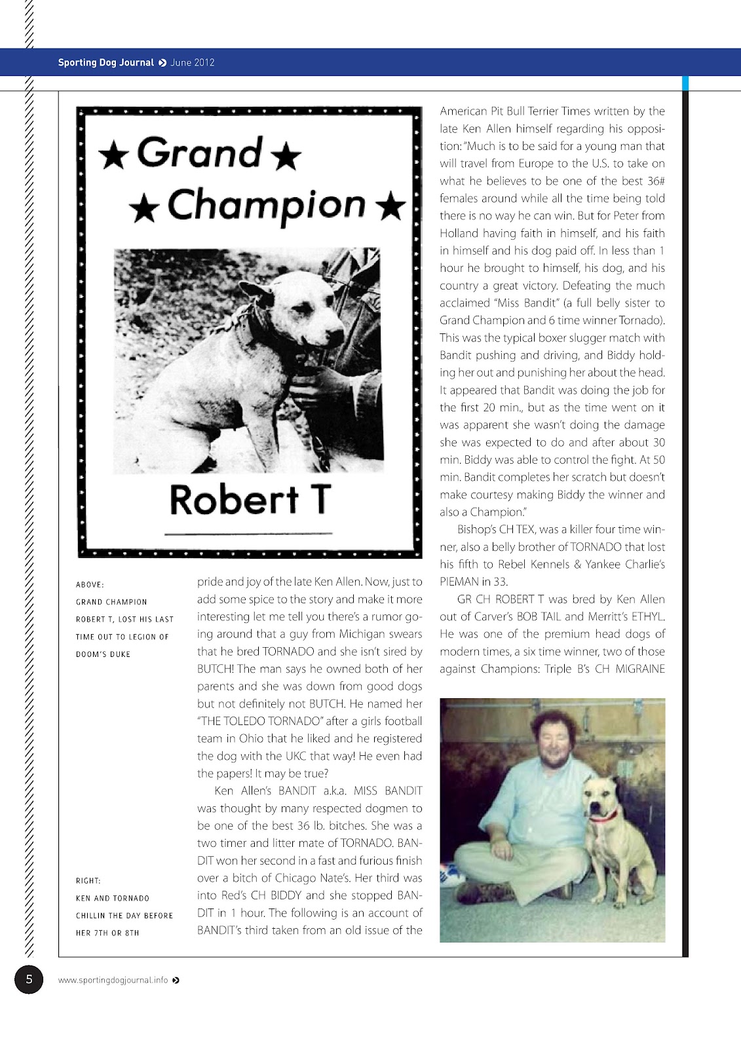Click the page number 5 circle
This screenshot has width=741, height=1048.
pos(29,979)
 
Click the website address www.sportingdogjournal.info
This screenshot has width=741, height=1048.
pos(113,981)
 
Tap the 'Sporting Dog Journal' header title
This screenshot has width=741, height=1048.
pos(105,63)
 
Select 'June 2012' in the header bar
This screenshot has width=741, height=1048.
pos(193,63)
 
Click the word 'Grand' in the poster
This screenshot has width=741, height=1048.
pos(200,153)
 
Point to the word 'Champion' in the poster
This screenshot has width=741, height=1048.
pos(265,205)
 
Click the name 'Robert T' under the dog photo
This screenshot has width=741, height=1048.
pos(250,500)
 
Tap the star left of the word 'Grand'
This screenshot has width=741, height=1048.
pos(113,156)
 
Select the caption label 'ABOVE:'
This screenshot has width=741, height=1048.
pos(90,584)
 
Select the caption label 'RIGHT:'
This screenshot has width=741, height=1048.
pos(88,881)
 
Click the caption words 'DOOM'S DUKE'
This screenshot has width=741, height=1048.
pos(103,654)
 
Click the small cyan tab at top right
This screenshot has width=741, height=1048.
pos(685,83)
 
